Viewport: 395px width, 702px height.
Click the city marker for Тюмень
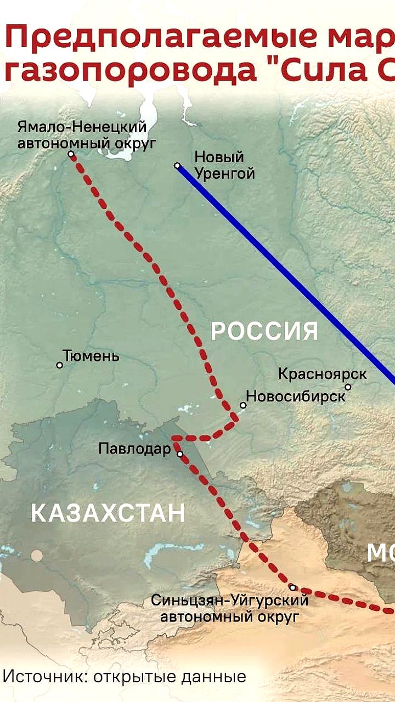coord(60,365)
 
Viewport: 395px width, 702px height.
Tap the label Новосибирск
coord(296,395)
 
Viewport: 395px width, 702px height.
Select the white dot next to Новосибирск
coord(243,405)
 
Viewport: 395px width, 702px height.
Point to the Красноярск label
coord(323,374)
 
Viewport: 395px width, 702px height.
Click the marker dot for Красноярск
coord(348,387)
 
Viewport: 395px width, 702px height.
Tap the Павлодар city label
coord(134,449)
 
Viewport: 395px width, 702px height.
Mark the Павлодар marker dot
coord(179,454)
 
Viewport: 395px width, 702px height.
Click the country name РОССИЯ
coord(264,332)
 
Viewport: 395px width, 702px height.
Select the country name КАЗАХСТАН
coord(108,514)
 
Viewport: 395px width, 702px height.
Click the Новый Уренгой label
coord(225,166)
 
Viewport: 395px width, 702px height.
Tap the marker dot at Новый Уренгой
coord(177,165)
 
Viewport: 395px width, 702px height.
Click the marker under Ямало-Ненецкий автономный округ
coord(71,154)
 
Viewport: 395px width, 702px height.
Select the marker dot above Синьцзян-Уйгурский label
coord(292,587)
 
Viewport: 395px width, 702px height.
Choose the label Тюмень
coord(91,356)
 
